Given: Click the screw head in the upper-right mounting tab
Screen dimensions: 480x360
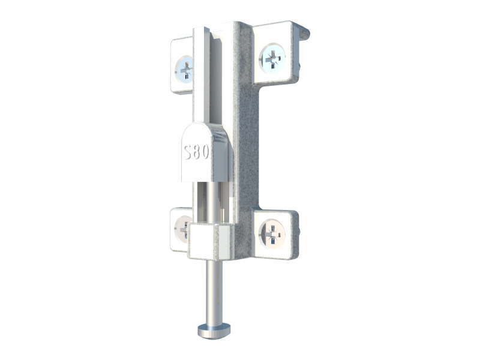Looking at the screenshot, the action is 272,58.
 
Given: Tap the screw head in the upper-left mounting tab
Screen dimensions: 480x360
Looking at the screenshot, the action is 184,70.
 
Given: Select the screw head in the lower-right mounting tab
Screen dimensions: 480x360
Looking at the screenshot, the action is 272,233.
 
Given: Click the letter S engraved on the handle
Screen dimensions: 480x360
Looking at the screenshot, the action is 188,152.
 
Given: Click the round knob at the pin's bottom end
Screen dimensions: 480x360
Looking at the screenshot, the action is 214,331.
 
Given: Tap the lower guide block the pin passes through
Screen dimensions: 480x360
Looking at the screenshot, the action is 211,242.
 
